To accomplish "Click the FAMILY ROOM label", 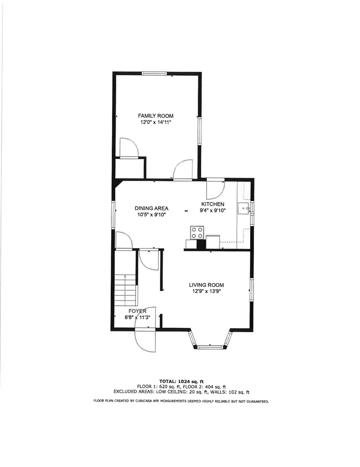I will click(x=156, y=116).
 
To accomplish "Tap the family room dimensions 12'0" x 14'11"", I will click(x=156, y=122).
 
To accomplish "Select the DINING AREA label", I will click(x=151, y=208).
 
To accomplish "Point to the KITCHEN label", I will click(x=213, y=204).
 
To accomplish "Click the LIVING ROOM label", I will click(x=206, y=285).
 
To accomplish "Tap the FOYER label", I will click(x=137, y=311).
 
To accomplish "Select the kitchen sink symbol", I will click(x=244, y=209).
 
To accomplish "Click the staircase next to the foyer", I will click(x=125, y=290).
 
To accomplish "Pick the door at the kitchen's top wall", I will click(x=215, y=188).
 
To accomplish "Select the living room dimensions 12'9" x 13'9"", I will click(x=206, y=291).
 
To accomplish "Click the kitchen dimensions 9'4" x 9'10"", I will click(x=213, y=211).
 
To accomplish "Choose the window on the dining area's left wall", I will click(x=113, y=213).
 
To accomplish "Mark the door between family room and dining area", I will click(x=183, y=171).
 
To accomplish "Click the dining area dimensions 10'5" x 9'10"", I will click(x=151, y=214).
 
